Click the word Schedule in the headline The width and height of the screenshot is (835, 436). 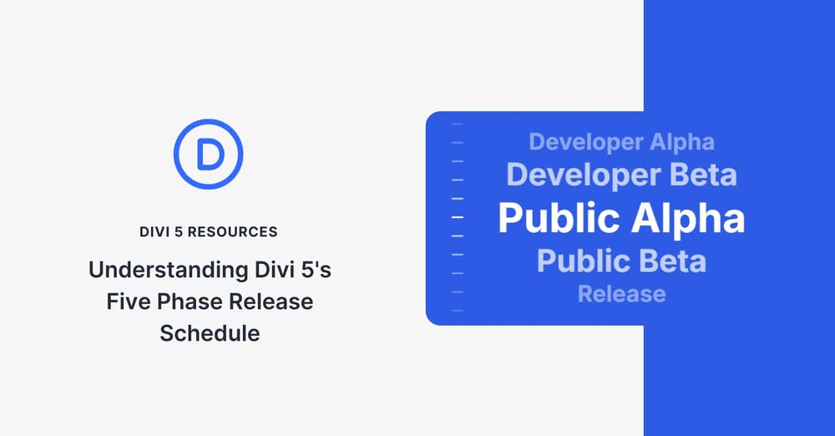pyautogui.click(x=209, y=332)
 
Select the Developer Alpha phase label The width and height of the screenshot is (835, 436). pyautogui.click(x=621, y=142)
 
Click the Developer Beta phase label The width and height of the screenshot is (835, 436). pyautogui.click(x=621, y=175)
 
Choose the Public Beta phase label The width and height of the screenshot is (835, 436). pyautogui.click(x=621, y=261)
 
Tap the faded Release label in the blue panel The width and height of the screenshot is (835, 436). pyautogui.click(x=621, y=294)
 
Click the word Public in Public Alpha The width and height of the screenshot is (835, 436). pyautogui.click(x=559, y=219)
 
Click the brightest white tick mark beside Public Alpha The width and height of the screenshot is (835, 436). pyautogui.click(x=457, y=217)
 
